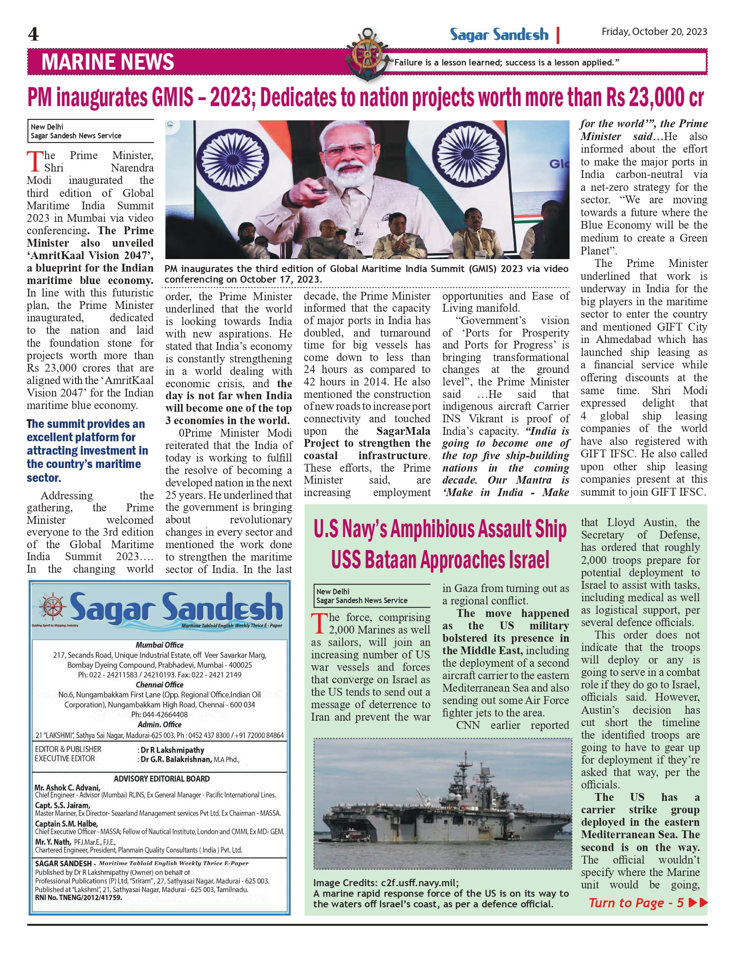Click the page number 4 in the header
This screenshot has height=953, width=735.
tap(33, 34)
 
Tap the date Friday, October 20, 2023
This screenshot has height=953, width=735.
tap(654, 32)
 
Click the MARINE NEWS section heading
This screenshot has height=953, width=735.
tap(107, 62)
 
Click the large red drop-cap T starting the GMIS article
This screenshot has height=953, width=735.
tap(35, 161)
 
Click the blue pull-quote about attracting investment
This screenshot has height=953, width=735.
tap(87, 450)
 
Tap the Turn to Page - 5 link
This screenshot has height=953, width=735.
tap(647, 903)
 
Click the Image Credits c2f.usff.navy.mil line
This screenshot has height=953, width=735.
tap(386, 882)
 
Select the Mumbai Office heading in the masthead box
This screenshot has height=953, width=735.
tap(159, 645)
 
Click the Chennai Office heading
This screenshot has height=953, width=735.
tap(159, 685)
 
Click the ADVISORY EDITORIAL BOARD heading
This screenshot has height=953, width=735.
tap(162, 779)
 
